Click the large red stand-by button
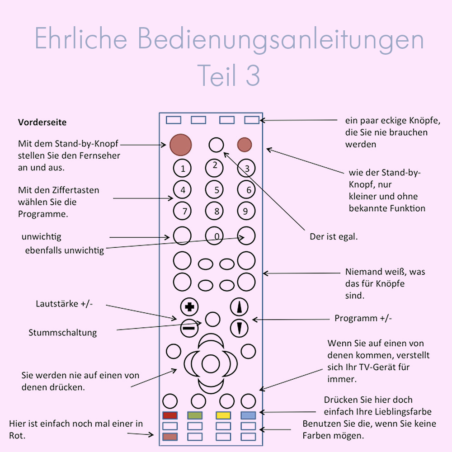tap(181, 145)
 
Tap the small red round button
tap(245, 145)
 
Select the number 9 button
tap(246, 211)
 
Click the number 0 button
tap(215, 236)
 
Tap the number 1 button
tap(183, 169)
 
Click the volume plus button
tap(189, 307)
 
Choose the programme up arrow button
tap(240, 307)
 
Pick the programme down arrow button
tap(240, 327)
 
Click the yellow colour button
tap(223, 415)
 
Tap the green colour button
tap(195, 415)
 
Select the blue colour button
tap(249, 415)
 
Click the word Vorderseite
tap(42, 122)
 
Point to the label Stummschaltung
tap(63, 333)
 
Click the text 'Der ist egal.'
tap(334, 236)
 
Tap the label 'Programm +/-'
tap(363, 318)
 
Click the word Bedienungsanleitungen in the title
tap(281, 39)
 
